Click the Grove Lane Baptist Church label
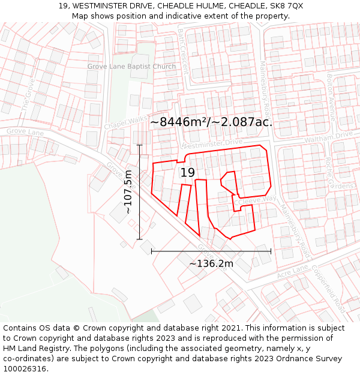click(131, 67)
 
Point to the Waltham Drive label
click(329, 136)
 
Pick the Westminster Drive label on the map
click(211, 144)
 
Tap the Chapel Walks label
click(125, 122)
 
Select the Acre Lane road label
click(292, 271)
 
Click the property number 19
click(188, 173)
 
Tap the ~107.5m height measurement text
click(128, 192)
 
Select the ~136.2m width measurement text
click(211, 263)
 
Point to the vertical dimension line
click(139, 192)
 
